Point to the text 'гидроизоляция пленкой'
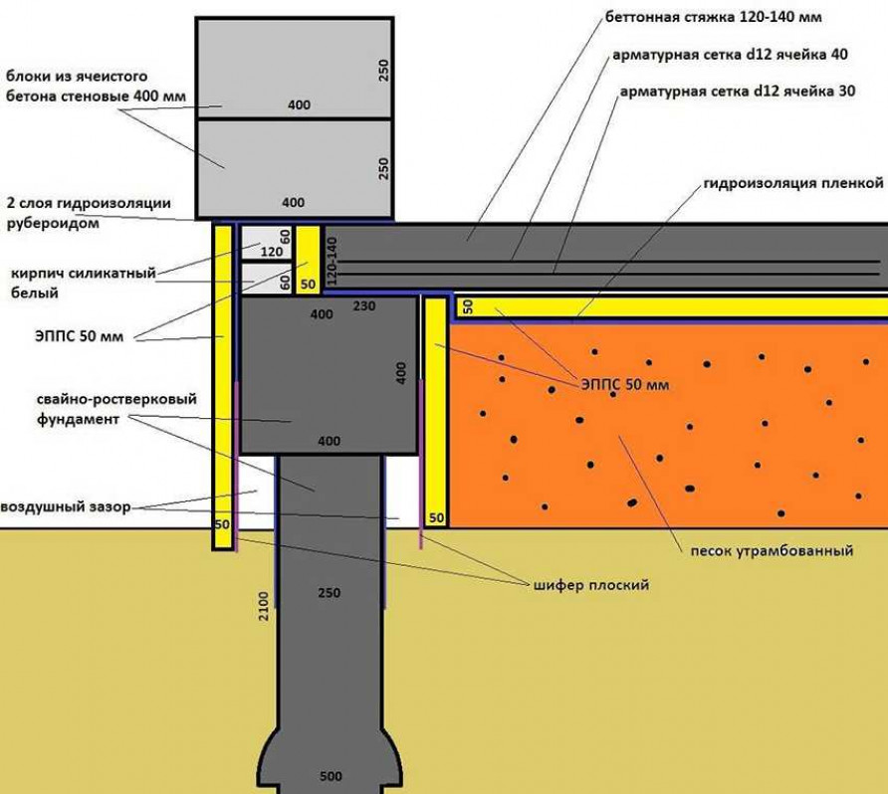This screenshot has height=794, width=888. click(793, 183)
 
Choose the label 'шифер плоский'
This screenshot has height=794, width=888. click(590, 584)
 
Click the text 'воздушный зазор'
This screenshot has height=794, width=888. click(66, 506)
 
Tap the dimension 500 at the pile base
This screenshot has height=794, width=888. click(330, 776)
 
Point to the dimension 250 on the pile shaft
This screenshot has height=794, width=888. click(329, 593)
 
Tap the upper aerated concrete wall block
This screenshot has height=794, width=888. click(293, 67)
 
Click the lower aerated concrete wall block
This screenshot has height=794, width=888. click(293, 167)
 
